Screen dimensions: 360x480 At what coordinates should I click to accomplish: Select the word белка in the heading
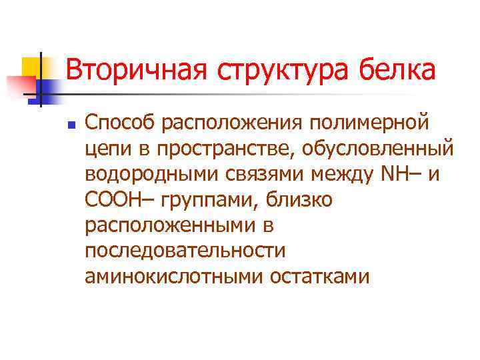pos(400,71)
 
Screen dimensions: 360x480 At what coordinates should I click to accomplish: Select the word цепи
pos(106,149)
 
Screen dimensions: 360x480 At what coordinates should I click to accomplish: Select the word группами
pos(209,199)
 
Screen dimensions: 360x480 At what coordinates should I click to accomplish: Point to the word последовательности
pos(185,250)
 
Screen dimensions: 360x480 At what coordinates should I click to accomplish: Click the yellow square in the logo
pos(31,66)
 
